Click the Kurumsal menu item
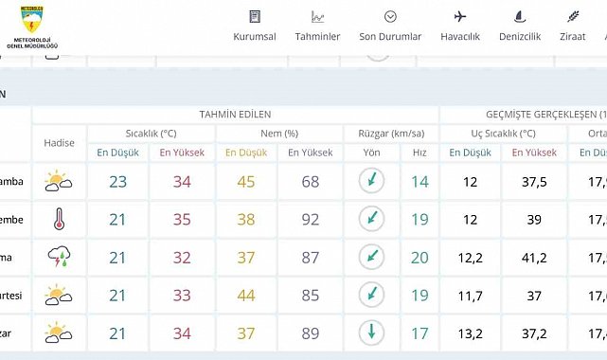[254, 27]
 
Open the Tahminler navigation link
[317, 27]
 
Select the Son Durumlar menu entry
[390, 27]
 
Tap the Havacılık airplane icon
[460, 16]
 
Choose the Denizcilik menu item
[519, 27]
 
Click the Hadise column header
[59, 143]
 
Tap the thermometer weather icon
[59, 220]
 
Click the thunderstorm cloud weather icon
[59, 257]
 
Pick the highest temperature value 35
[181, 220]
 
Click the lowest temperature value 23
[117, 182]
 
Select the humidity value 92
[310, 220]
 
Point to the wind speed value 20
[420, 258]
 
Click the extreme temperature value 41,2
[534, 258]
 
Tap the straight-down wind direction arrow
[372, 333]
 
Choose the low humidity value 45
[246, 182]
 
